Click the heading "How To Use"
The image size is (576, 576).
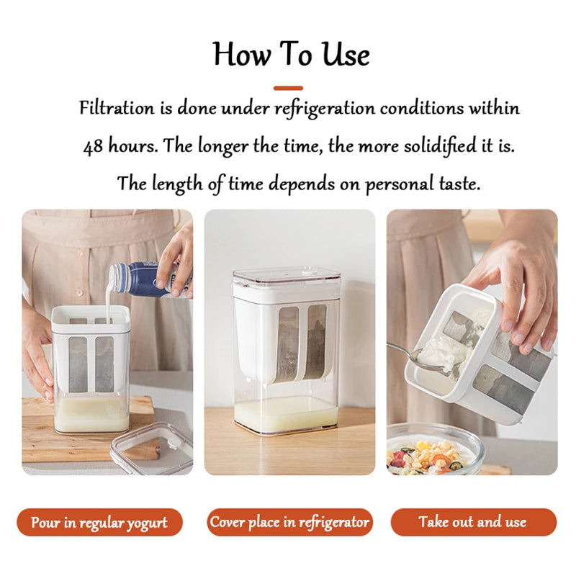[x=291, y=54]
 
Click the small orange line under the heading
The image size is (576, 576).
[x=288, y=88]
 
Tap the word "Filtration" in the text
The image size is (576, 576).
[x=117, y=109]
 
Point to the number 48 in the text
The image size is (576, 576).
[x=93, y=147]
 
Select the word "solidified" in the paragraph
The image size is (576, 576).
[x=439, y=146]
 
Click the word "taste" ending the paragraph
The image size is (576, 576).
[x=457, y=184]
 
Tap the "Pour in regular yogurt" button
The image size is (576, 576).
[x=99, y=522]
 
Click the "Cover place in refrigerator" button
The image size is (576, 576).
[x=289, y=522]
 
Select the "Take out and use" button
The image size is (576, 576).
[x=473, y=522]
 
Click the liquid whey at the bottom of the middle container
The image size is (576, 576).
[x=288, y=414]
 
